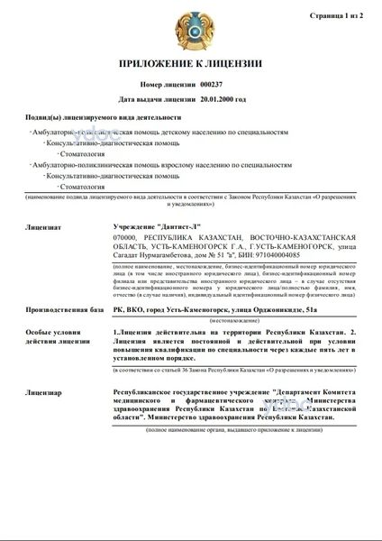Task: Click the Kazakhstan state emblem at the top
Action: coord(191,29)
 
